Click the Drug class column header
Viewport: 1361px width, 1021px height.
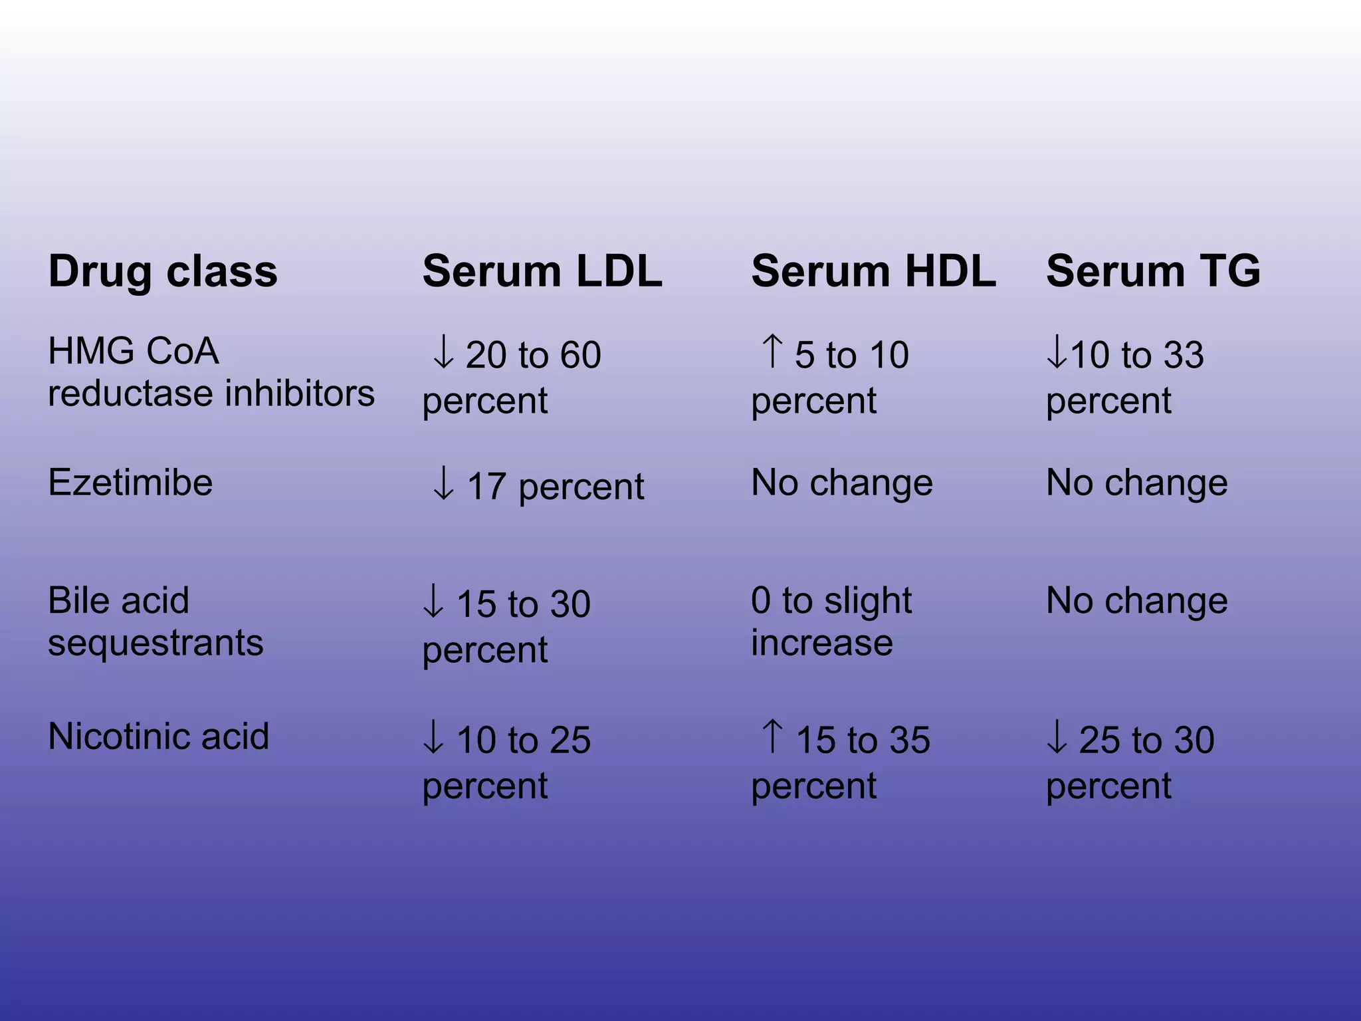coord(163,272)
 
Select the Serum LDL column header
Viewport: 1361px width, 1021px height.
coord(542,272)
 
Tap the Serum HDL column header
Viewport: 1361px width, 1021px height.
coord(873,272)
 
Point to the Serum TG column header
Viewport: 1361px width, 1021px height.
coord(1153,272)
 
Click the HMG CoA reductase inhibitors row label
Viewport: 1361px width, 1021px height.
coord(211,372)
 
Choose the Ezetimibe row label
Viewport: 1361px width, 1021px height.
coord(130,483)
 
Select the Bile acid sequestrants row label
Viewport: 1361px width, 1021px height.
coord(156,622)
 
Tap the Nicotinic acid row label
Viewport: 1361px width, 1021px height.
coord(158,737)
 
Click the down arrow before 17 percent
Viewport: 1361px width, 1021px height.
coord(443,484)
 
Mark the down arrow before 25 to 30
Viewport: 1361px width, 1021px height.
coord(1056,738)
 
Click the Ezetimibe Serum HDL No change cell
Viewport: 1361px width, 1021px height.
coord(841,483)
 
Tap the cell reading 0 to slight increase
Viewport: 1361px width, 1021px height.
coord(831,622)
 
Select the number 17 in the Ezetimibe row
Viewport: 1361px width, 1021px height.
coord(486,487)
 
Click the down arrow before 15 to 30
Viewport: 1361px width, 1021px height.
coord(433,602)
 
